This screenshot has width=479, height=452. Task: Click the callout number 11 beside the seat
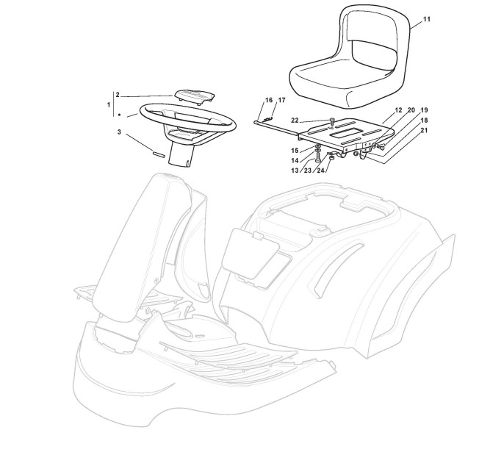[x=427, y=18]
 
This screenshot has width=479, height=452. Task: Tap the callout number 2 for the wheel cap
[x=118, y=95]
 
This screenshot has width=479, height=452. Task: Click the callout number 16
[x=269, y=100]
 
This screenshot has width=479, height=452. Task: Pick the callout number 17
[x=281, y=100]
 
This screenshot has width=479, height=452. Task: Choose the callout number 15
[x=295, y=150]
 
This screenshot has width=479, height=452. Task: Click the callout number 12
[x=397, y=110]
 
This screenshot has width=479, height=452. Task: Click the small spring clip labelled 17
[x=269, y=116]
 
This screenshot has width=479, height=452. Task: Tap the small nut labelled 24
[x=331, y=157]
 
